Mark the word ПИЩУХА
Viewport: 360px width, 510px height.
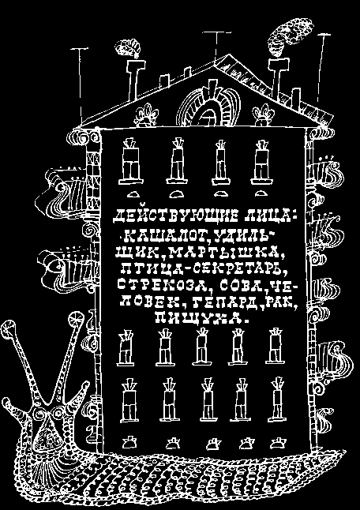pos(200,317)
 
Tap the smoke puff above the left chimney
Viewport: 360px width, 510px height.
pos(129,48)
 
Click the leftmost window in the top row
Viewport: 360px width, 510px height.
pos(131,162)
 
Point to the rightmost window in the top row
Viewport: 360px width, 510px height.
pos(261,162)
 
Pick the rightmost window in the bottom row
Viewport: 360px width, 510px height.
pos(277,399)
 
